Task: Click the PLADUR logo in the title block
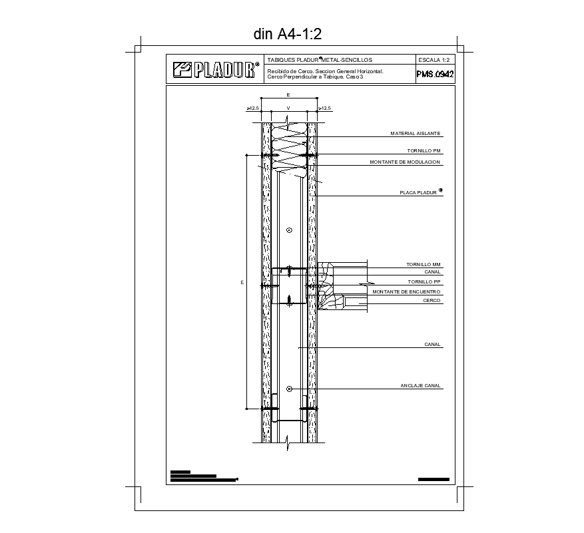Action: point(214,69)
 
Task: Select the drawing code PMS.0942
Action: point(434,75)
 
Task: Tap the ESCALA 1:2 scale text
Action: point(434,60)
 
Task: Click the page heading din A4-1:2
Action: point(288,34)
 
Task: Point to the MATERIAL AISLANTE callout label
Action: point(416,134)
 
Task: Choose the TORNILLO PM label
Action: point(424,151)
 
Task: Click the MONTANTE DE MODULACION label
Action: point(405,162)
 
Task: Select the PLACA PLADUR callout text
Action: point(419,193)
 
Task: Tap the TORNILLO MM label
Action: point(424,265)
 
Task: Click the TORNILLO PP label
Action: point(424,281)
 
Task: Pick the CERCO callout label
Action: point(432,301)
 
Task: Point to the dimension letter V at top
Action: point(288,107)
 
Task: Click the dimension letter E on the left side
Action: point(242,283)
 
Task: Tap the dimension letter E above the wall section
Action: point(288,95)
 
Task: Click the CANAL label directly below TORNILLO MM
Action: point(432,272)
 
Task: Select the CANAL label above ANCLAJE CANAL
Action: point(432,345)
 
